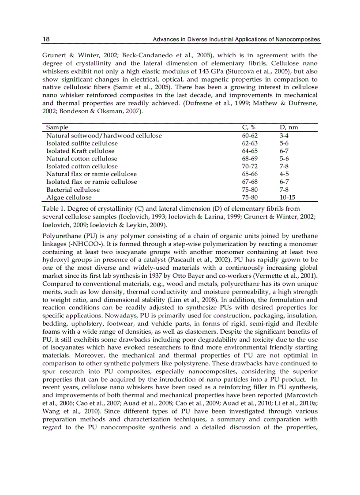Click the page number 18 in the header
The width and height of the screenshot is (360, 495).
46,40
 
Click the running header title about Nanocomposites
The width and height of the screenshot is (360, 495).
236,40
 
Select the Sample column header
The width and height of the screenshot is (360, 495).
57,127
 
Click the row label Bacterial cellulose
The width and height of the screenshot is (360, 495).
73,190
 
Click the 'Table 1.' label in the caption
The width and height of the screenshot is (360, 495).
54,208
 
